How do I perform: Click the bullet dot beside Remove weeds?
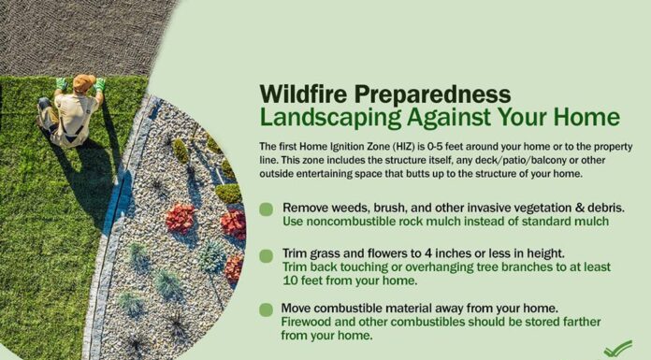pos(267,209)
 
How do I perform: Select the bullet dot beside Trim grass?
pos(267,255)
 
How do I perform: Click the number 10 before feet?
pos(292,279)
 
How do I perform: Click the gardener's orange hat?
pos(83,83)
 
